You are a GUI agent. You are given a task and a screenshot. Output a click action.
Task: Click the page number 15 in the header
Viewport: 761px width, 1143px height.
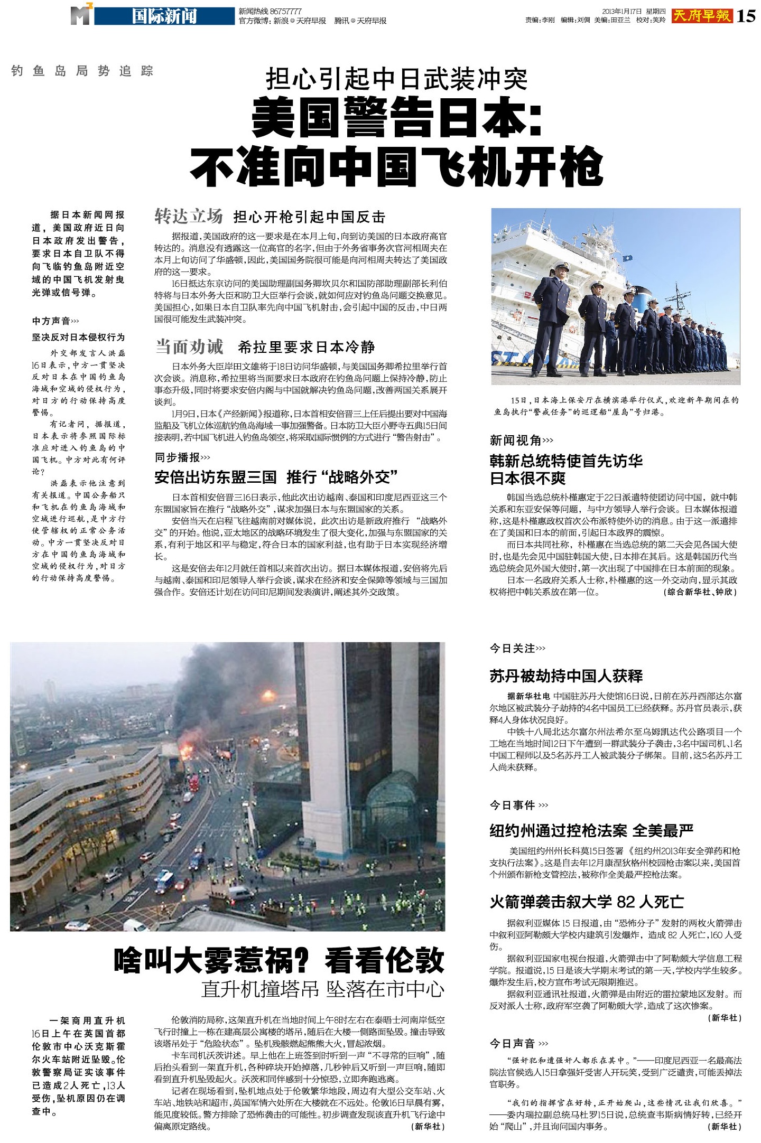coord(746,16)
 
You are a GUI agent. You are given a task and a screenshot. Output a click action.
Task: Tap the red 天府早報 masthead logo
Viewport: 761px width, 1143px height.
coord(702,16)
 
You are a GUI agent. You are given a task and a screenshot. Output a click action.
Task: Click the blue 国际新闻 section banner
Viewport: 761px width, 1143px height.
coord(164,16)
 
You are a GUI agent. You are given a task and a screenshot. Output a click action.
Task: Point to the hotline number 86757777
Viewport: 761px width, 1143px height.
coord(286,11)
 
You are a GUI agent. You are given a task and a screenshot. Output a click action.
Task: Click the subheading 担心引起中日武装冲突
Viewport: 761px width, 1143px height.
coord(397,80)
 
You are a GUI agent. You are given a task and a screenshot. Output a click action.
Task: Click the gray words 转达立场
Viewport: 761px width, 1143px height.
coord(189,217)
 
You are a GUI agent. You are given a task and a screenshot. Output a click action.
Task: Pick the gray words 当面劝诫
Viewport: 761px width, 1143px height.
coord(189,347)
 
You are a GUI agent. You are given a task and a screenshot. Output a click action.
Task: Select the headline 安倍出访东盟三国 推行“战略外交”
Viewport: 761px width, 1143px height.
coord(276,477)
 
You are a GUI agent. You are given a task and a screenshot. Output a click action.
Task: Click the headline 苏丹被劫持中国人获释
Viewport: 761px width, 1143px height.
coord(566,676)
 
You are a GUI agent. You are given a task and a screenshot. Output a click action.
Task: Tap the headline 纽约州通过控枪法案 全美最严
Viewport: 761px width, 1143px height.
coord(591,831)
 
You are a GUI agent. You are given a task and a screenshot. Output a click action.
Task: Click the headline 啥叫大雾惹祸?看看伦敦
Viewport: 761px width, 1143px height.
coord(279,961)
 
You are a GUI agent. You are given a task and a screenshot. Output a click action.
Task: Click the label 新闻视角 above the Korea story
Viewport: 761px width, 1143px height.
coord(515,440)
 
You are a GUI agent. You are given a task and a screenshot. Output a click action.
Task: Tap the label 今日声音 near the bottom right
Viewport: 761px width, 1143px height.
coord(512,1043)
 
